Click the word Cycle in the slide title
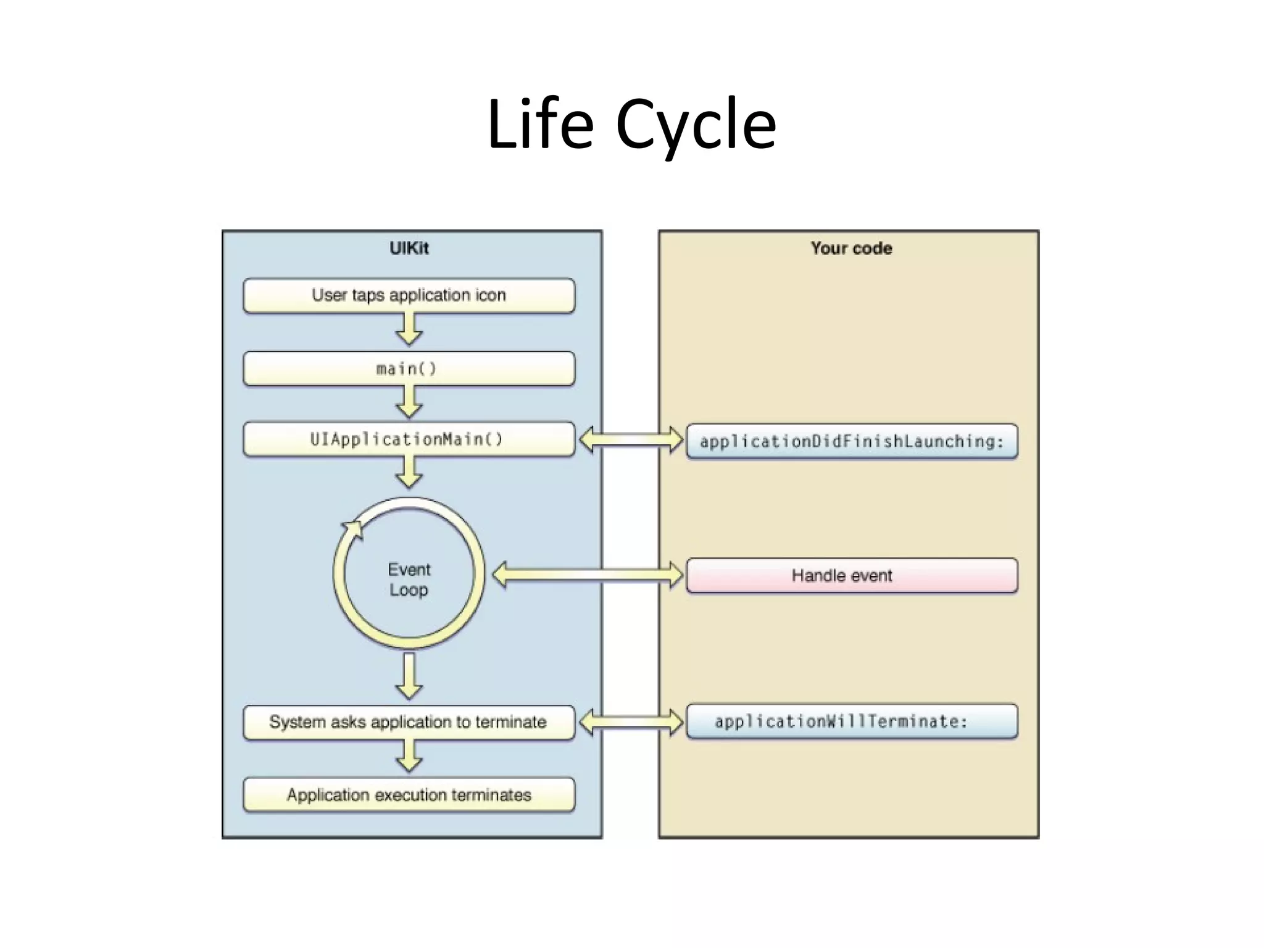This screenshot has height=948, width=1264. coord(696,125)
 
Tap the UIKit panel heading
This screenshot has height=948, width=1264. coord(409,248)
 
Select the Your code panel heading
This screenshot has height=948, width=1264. coord(851,248)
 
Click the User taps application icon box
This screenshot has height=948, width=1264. coord(409,296)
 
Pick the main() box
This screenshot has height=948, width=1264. coord(409,368)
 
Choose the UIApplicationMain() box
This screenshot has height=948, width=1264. coord(409,439)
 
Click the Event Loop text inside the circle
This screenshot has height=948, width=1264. coord(409,579)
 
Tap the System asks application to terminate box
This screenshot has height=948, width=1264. coord(409,722)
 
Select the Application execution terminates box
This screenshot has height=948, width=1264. coord(409,795)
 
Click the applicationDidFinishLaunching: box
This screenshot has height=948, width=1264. coord(852,441)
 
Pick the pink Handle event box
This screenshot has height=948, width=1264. coord(852,575)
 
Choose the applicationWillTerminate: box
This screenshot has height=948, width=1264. coord(852,721)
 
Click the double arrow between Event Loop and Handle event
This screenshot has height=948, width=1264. coord(588,575)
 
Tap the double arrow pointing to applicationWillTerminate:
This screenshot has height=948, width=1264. coord(631,721)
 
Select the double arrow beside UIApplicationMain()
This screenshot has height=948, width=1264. coord(631,440)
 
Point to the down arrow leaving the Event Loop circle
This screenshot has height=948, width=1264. coord(409,676)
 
